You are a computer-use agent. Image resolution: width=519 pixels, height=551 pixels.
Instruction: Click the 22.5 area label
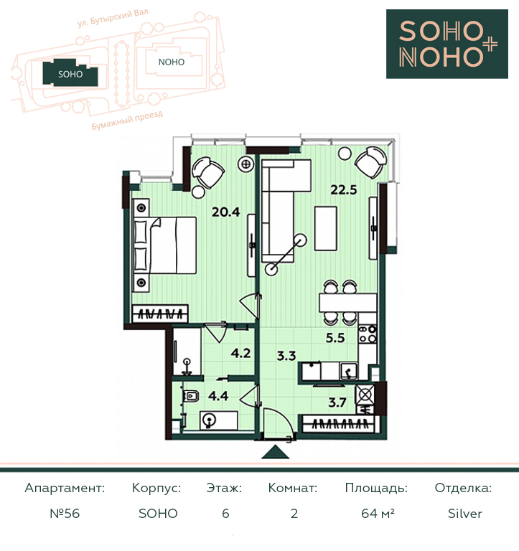tap(344, 190)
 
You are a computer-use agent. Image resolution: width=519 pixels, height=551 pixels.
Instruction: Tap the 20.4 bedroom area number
tap(225, 212)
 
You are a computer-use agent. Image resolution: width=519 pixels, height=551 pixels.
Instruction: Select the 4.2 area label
tap(241, 353)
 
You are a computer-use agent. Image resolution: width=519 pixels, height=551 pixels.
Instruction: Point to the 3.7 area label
tap(337, 402)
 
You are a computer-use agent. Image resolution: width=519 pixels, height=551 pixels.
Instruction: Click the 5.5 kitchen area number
tap(335, 338)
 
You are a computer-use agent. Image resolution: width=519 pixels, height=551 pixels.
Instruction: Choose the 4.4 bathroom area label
tap(218, 396)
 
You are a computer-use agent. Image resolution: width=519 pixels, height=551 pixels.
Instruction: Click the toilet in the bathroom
tap(191, 396)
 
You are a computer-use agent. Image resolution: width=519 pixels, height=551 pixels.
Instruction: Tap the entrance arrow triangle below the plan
tap(276, 452)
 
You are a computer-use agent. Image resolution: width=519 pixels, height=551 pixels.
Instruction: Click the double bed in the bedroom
tap(164, 245)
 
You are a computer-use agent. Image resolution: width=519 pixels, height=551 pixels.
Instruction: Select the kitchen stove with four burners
tap(368, 334)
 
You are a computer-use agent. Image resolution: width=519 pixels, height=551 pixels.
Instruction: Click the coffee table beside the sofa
tap(326, 228)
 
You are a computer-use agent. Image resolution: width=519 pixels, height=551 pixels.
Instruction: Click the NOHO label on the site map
tap(172, 62)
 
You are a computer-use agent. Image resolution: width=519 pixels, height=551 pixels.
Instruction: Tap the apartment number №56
tap(65, 514)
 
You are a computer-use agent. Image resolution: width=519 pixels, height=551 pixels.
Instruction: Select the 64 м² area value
tap(378, 514)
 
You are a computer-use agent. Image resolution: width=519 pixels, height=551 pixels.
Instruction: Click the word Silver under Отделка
tap(465, 514)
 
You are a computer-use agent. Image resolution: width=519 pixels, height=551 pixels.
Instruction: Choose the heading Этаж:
tap(224, 488)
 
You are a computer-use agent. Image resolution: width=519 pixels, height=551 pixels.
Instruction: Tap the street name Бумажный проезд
tap(127, 121)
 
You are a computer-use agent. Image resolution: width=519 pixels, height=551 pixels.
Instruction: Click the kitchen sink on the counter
tap(349, 371)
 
